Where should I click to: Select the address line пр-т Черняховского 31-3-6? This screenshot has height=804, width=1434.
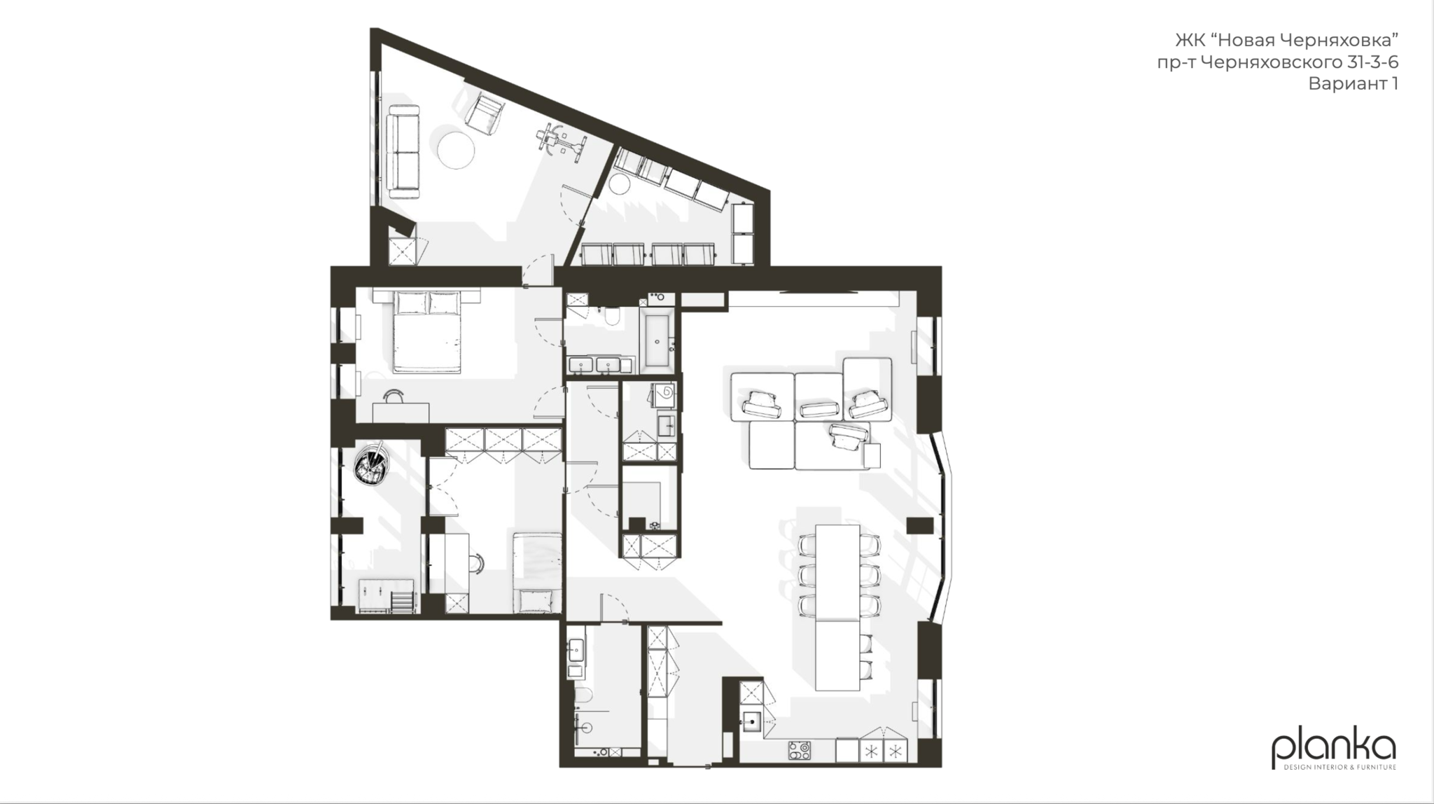(x=1278, y=62)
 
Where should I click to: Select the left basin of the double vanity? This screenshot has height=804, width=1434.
(x=580, y=365)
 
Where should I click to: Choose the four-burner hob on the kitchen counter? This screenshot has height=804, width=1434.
(x=800, y=751)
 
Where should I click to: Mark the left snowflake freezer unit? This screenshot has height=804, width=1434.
(x=870, y=751)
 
